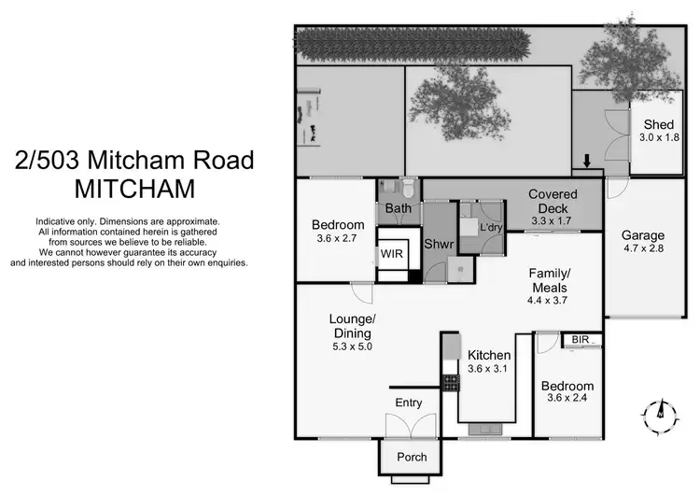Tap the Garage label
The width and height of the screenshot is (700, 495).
(x=643, y=235)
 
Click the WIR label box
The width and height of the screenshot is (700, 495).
(x=390, y=254)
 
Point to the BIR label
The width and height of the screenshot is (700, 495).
(x=580, y=339)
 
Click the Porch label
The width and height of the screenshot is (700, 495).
(x=412, y=457)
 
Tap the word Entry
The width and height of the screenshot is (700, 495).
(x=408, y=403)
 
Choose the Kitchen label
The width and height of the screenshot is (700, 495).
(x=488, y=355)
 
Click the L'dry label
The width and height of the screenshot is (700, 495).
(x=490, y=227)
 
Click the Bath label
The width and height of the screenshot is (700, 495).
(x=399, y=207)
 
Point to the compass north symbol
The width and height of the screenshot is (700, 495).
(x=660, y=410)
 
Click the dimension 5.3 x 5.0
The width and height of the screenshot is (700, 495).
(x=351, y=346)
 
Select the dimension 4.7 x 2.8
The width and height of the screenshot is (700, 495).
(x=643, y=249)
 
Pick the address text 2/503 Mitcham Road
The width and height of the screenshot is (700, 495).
(x=134, y=160)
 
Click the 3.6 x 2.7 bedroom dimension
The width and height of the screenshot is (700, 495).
(x=337, y=238)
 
